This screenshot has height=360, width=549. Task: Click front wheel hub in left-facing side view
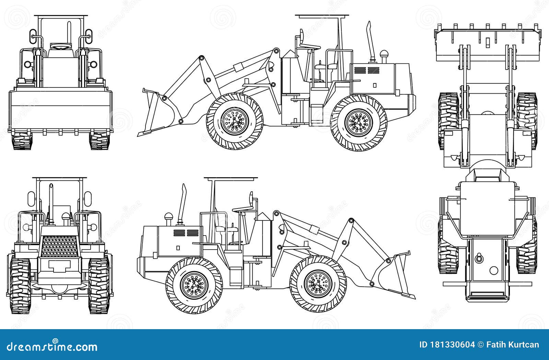(x=235, y=121)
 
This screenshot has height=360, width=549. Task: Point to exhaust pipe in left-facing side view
(x=370, y=41)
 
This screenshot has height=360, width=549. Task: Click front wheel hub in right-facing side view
(x=318, y=283)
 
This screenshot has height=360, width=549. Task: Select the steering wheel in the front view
(x=61, y=46)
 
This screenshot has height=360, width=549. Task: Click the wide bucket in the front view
(x=61, y=110)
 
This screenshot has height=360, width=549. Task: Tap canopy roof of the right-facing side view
(x=231, y=178)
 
